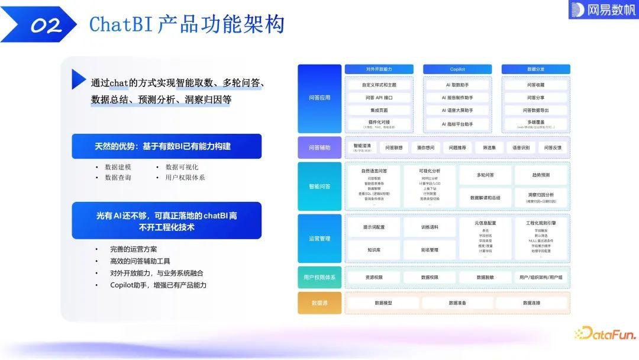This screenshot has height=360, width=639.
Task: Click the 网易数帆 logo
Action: [x=603, y=9]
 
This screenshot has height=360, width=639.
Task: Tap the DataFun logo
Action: [x=605, y=334]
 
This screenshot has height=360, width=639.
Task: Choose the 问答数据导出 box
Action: [x=535, y=110]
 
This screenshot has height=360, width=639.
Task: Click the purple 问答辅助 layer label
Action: [x=319, y=147]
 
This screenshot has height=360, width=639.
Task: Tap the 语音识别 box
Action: [x=521, y=147]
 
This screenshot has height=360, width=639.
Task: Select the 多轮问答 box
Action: [x=485, y=175]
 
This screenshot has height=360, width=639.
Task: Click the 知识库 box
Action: [x=373, y=250]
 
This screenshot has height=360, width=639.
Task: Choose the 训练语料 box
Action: [x=430, y=227]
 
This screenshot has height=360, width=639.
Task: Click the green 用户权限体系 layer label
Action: [x=319, y=277]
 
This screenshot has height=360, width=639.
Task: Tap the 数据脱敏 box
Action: [x=485, y=277]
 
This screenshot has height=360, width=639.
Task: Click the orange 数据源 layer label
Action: [x=319, y=303]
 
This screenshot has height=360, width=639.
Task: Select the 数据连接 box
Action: [x=531, y=303]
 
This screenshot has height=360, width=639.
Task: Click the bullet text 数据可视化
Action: [x=182, y=167]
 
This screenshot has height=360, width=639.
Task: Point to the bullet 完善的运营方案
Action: [x=134, y=249]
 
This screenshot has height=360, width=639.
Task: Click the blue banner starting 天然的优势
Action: [x=166, y=146]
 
